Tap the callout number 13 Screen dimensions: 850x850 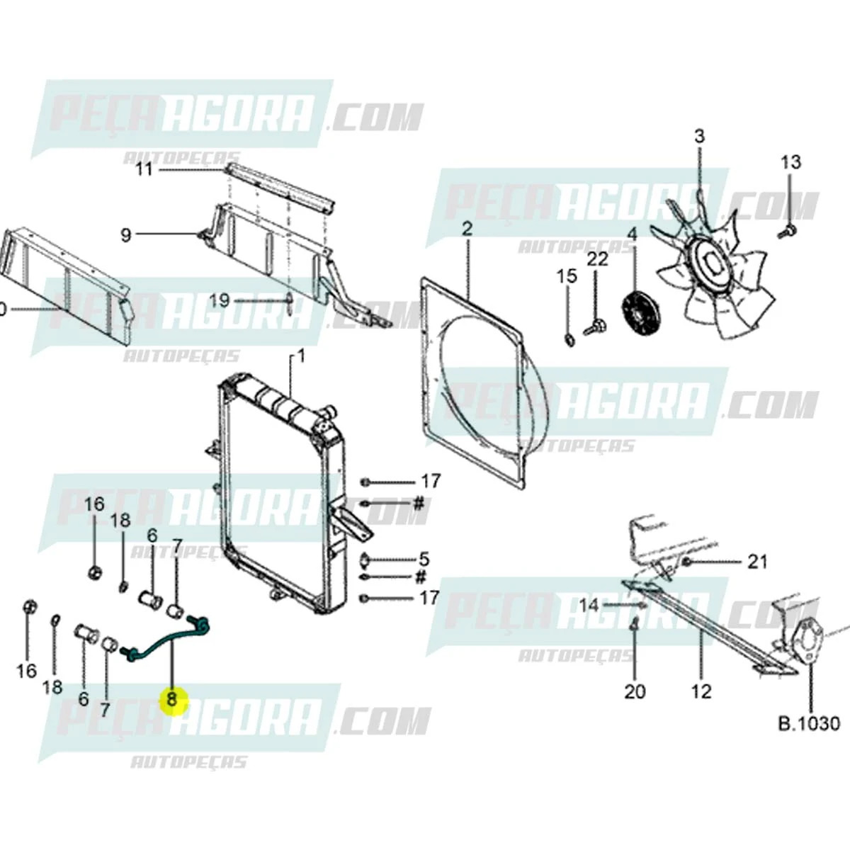(x=790, y=162)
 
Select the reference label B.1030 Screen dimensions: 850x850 (x=809, y=724)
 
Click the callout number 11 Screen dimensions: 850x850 (x=144, y=171)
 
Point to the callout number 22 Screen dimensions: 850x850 (x=597, y=259)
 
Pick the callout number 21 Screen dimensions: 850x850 (x=757, y=562)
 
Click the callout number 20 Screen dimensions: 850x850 (x=635, y=691)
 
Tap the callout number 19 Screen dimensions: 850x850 (x=220, y=300)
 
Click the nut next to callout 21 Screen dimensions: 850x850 (x=686, y=562)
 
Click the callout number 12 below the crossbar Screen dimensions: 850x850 (x=701, y=691)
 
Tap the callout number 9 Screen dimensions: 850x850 (x=126, y=234)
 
